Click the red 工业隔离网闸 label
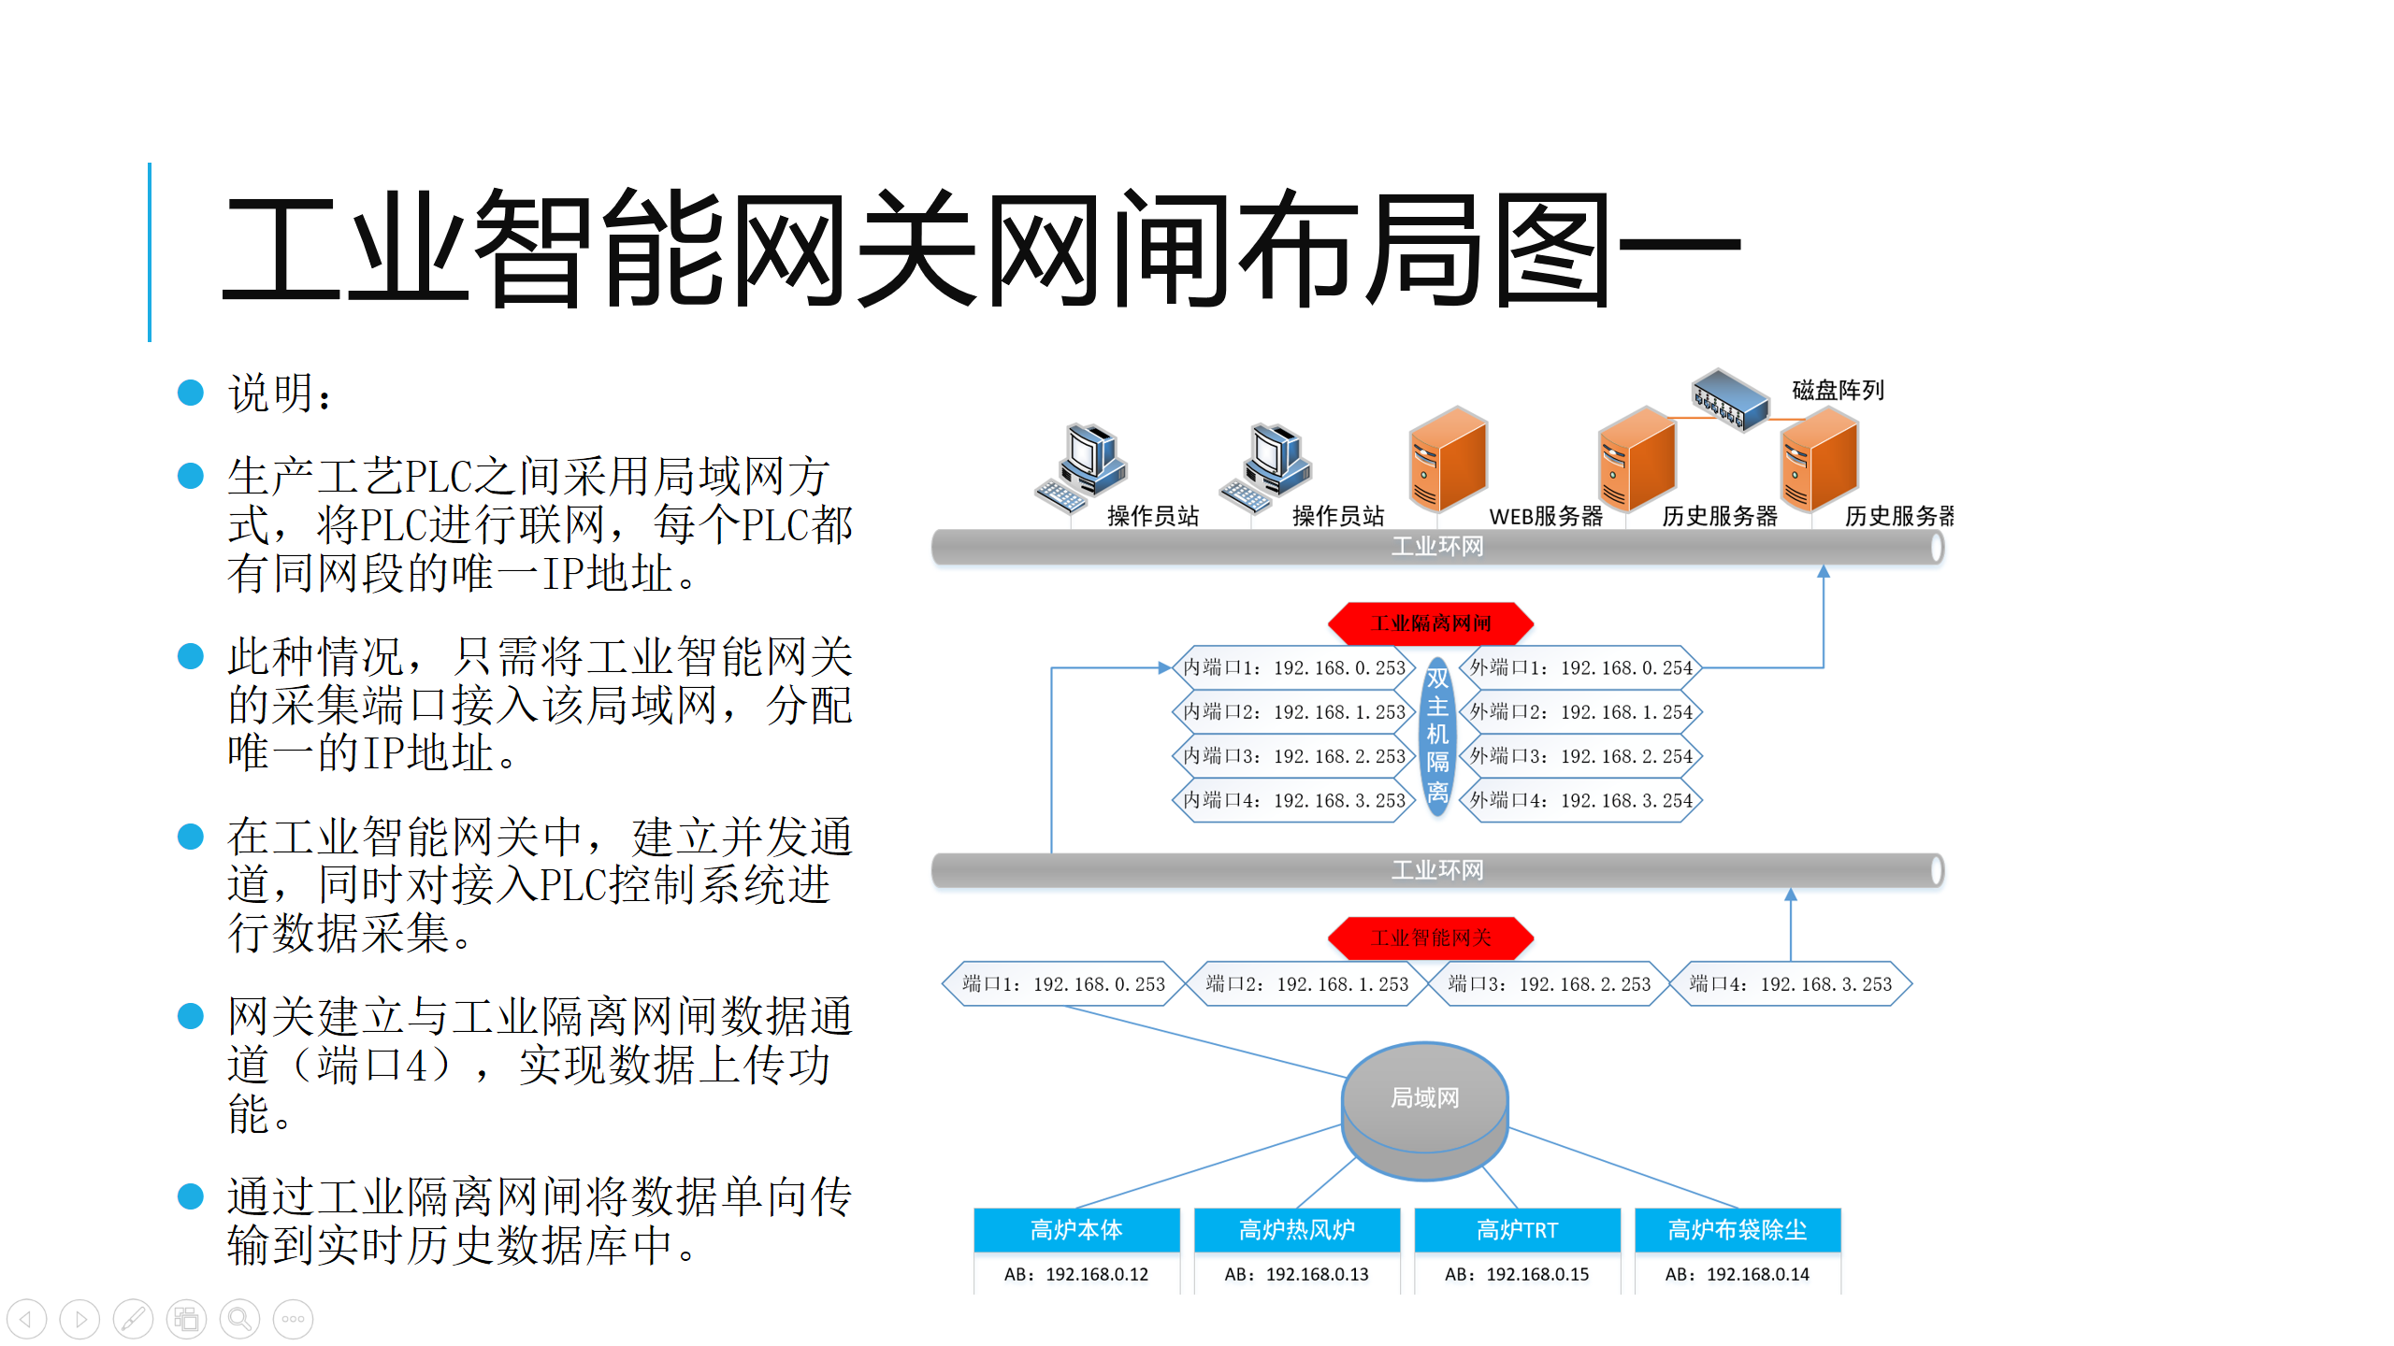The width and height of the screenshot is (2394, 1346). pos(1431,623)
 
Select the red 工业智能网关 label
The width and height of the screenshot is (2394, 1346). pos(1431,938)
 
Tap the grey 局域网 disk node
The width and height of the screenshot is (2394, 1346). pos(1424,1108)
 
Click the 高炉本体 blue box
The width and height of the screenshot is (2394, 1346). pos(1076,1230)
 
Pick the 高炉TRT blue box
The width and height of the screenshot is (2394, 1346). pos(1517,1230)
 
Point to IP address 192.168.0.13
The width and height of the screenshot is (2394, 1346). pos(1297,1274)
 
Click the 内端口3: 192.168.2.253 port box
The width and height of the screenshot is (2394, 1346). pos(1294,756)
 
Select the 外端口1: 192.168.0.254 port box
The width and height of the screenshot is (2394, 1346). pos(1580,668)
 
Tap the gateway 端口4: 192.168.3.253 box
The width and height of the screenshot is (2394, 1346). pos(1790,984)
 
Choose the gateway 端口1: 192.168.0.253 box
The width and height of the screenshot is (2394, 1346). pos(1063,984)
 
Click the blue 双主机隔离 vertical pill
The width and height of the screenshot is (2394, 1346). pos(1437,736)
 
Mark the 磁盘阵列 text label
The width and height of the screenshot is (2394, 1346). pos(1838,390)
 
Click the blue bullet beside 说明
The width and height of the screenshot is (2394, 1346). pos(191,393)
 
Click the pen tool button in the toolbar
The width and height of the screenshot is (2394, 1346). pos(133,1319)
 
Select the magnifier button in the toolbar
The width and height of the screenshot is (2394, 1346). pos(239,1319)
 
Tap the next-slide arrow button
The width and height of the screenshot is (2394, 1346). pos(79,1319)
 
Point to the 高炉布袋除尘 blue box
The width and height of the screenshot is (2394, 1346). pos(1738,1230)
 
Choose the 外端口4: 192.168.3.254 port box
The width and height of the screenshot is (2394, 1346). pos(1580,801)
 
